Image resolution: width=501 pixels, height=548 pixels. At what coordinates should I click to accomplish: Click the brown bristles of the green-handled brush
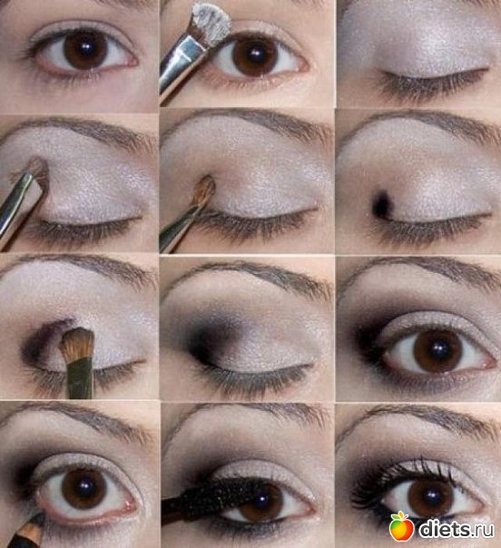coord(78,345)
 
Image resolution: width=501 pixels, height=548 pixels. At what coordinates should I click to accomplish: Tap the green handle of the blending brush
coord(80,379)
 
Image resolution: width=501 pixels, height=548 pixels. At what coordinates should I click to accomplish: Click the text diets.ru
coord(457,529)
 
